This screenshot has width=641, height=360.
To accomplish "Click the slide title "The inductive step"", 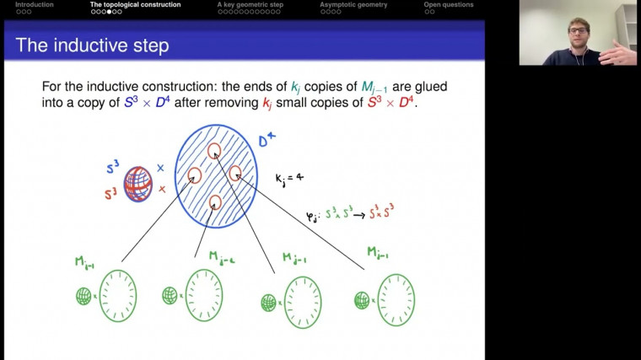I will pos(92,46).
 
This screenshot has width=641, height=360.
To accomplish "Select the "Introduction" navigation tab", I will pos(34,5).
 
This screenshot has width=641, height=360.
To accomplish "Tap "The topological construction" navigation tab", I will pos(135,5).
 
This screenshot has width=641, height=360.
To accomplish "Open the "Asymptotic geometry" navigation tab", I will pos(353,5).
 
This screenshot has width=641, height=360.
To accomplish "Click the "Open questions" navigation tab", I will pos(448,5).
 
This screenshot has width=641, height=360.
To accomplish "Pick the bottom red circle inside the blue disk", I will pos(215,202).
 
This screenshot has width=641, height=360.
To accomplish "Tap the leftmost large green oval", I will pos(117,296).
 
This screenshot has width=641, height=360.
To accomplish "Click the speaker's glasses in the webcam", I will pos(578,32).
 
